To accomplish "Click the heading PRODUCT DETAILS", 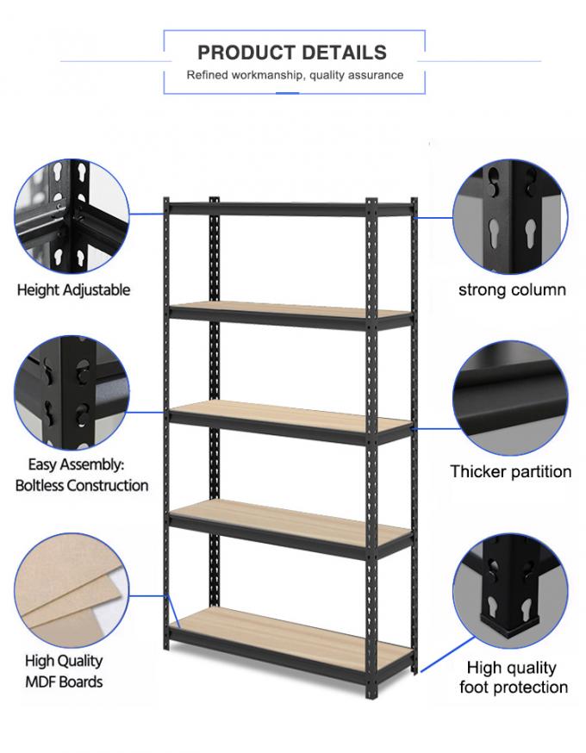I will point(292,53).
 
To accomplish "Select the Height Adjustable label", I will point(73,289).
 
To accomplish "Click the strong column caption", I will point(512,289).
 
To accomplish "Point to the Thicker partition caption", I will point(511,471).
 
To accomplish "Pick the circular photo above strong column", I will point(510,214).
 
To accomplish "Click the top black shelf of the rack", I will point(291,208).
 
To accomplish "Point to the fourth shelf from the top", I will point(291,520).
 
